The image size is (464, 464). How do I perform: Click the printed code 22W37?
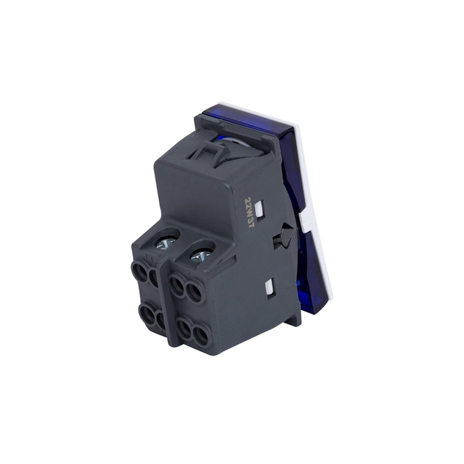pos(249,212)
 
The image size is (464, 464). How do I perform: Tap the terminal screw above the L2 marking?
pos(200,256)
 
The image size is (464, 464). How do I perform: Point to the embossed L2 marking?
pos(186,271)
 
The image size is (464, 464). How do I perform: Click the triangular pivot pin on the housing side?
pos(287,233)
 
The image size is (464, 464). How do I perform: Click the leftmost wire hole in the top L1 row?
pos(139,271)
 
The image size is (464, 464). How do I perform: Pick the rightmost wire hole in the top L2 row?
pos(194,293)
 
